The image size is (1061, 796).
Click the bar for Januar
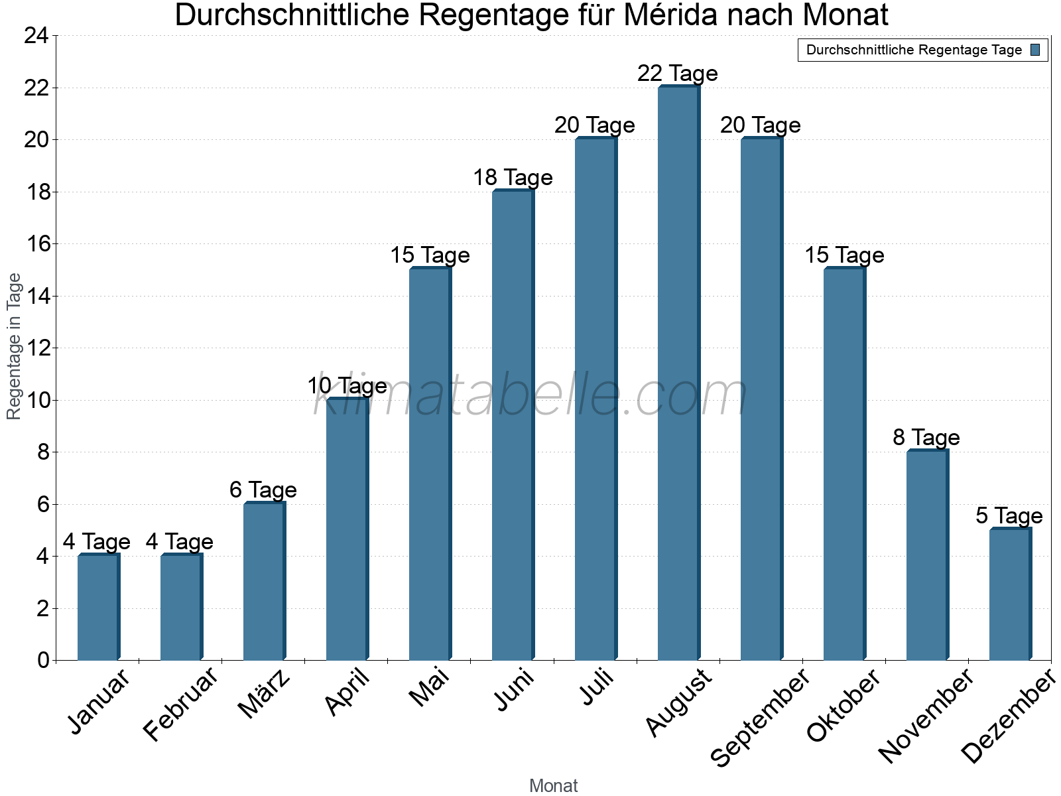coord(98,607)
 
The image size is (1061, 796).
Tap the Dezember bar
coord(1010,594)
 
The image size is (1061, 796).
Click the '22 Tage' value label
coord(678,73)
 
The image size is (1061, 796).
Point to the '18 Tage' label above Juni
coord(513,177)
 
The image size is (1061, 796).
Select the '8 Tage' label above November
coord(926,437)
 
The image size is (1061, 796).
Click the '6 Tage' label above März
coord(263,490)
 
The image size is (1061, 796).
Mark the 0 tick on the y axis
coord(43,660)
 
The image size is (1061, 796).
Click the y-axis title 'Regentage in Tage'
coord(14,346)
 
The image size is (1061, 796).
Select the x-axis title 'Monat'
coord(554,785)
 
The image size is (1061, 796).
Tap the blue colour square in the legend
coord(1035,50)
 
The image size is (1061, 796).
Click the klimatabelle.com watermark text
coord(530,396)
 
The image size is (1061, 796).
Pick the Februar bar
coord(181,607)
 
